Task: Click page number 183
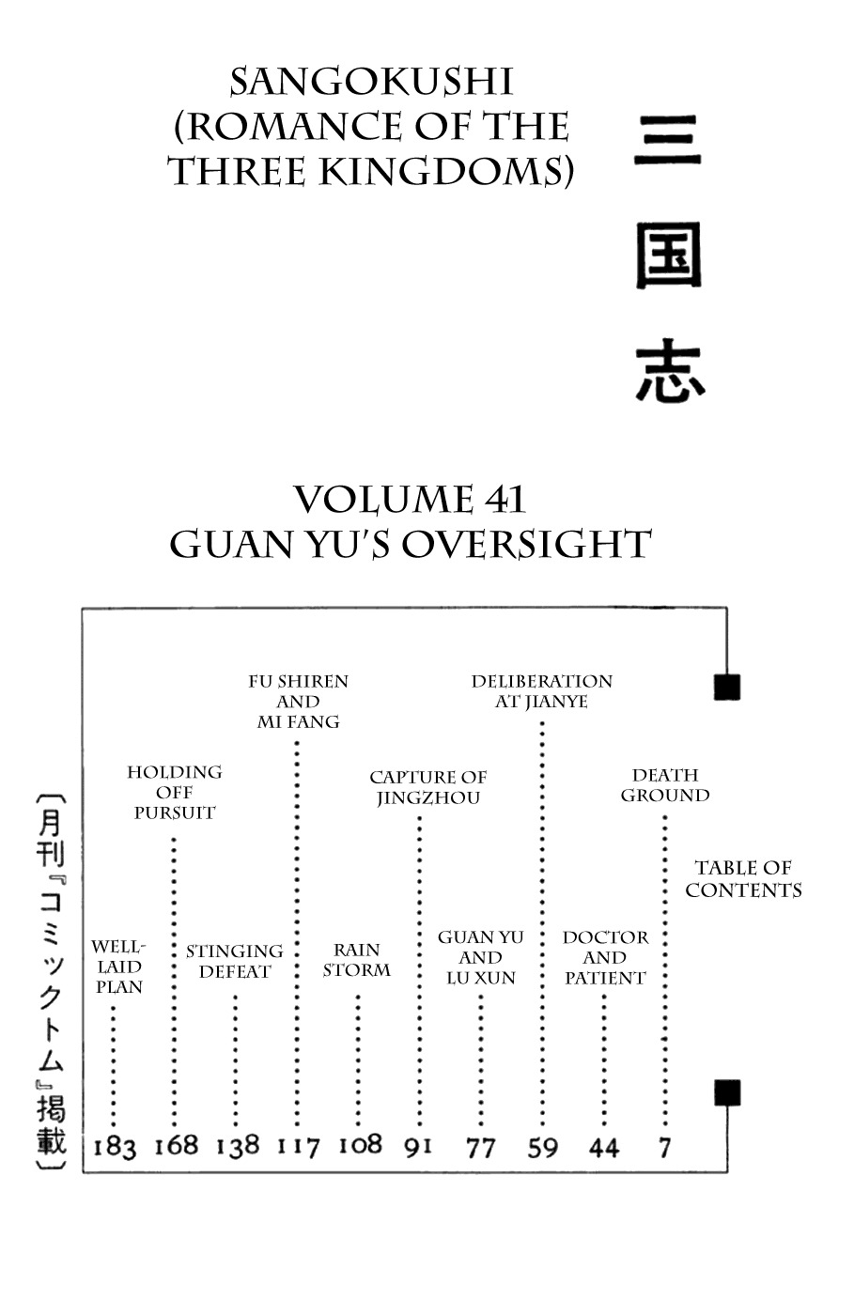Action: [115, 1147]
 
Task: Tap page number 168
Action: [177, 1145]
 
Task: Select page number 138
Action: [237, 1146]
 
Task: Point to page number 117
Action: [298, 1146]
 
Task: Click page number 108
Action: [360, 1144]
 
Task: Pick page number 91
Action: [418, 1146]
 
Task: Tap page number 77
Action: [480, 1147]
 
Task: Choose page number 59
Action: [542, 1147]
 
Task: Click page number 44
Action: [603, 1147]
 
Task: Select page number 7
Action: [665, 1146]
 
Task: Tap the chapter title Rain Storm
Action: [356, 960]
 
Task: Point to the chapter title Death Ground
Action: [665, 785]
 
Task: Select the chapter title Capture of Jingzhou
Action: [427, 787]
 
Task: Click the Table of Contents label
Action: [743, 879]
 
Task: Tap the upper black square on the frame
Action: [727, 687]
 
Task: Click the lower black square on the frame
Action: [727, 1092]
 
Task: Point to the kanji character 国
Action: [669, 255]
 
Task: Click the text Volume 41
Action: [410, 500]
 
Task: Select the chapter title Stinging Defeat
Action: [234, 961]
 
